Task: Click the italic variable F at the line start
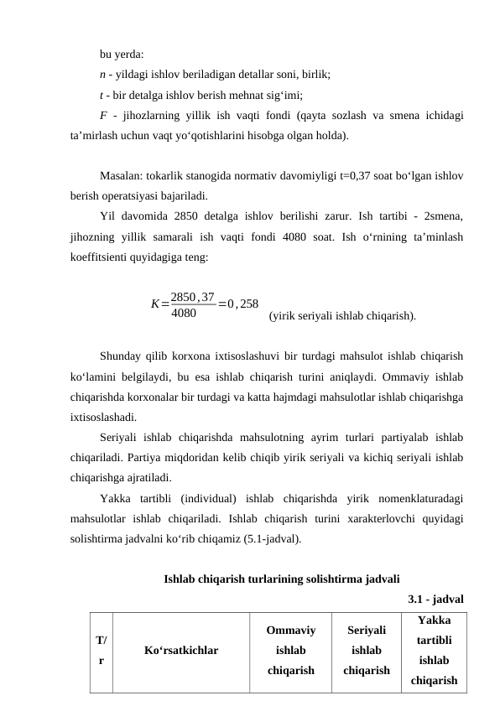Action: [x=102, y=115]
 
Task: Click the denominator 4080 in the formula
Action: [x=184, y=314]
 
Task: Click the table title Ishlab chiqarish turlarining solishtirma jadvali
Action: [x=281, y=579]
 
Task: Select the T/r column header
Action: [x=101, y=650]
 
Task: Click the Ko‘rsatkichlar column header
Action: [x=181, y=650]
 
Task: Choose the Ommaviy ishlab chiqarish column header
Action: [x=290, y=650]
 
